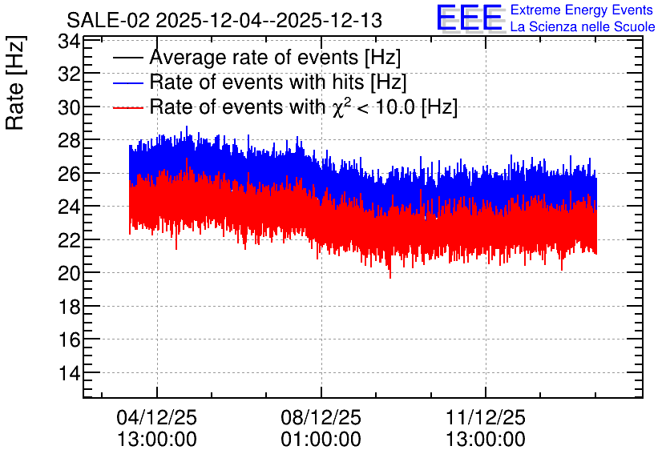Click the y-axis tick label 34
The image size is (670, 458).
coord(69,42)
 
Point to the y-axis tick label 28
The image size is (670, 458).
coord(69,140)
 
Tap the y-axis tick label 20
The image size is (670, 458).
coord(69,273)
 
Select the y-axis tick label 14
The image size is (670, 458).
coord(69,372)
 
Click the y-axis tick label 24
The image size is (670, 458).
coord(69,207)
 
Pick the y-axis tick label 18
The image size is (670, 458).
coord(69,306)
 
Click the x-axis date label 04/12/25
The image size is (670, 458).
coord(157,417)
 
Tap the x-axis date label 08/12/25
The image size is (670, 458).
coord(321,417)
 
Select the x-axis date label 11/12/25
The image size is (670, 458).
coord(486,417)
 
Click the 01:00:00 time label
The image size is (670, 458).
coord(321,440)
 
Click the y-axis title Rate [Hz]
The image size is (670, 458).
coord(15,82)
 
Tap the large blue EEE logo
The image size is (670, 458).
coord(470,18)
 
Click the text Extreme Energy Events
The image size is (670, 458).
coord(582,10)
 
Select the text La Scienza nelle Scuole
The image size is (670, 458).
coord(583,26)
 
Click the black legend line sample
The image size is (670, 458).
coord(128,58)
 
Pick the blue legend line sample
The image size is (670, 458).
coord(128,82)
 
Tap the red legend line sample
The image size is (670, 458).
coord(128,107)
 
